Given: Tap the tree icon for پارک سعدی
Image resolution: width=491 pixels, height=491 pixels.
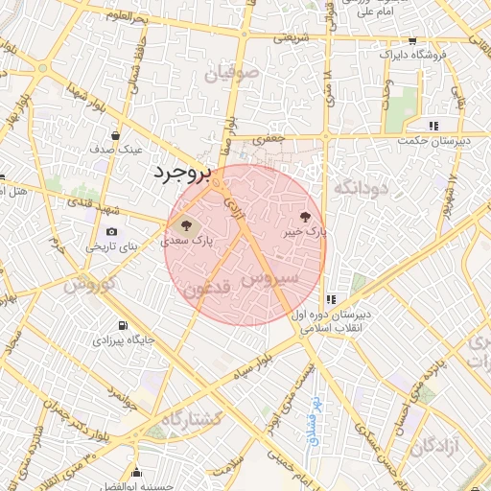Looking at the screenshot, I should point(186,226).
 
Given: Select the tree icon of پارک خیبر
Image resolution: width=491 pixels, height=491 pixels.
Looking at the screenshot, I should point(306,217).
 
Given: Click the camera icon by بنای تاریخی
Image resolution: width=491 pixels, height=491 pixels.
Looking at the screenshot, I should point(112,232).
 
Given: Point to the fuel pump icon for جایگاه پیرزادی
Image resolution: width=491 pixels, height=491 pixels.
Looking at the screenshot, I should point(121,325).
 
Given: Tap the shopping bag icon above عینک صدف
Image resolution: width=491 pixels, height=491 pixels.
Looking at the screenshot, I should point(115,136).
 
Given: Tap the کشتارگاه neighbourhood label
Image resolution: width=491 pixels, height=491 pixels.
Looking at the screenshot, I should point(192,419).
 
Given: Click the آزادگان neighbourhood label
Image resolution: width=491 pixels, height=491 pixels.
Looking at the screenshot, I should point(436,446).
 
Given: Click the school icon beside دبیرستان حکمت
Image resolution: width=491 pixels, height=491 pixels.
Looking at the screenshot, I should point(433,126).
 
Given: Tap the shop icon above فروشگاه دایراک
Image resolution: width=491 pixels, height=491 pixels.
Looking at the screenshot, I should point(412,41).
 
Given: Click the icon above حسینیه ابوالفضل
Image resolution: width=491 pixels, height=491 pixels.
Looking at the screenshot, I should point(138,473).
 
